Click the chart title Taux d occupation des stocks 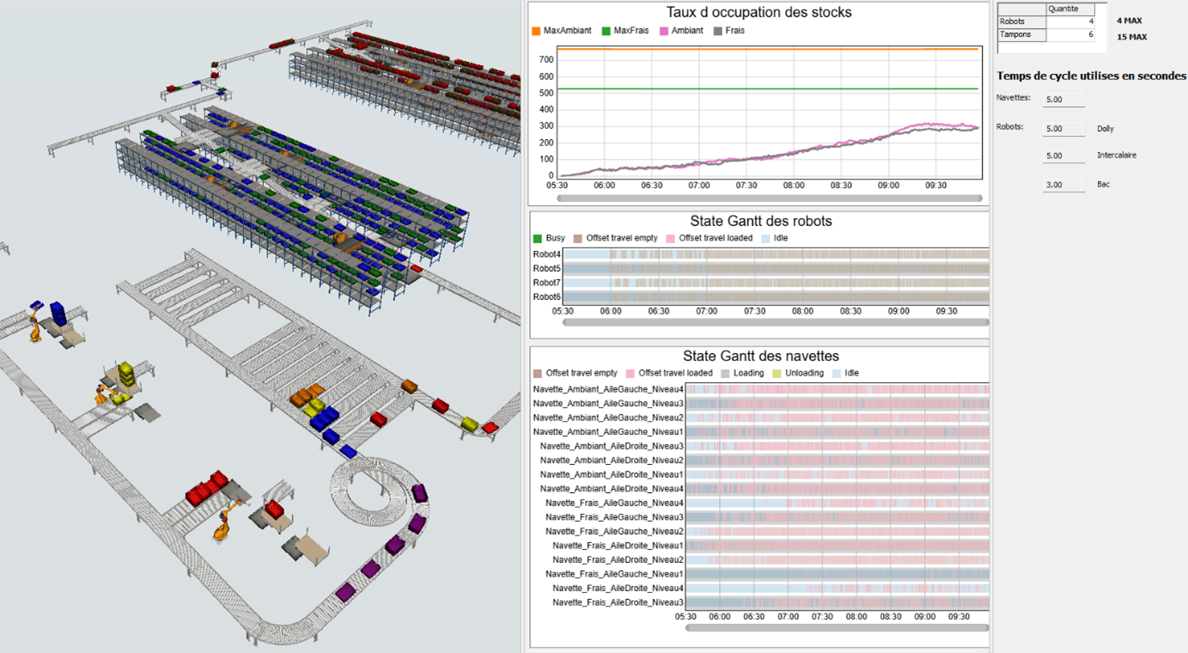(x=758, y=12)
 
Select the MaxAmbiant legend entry (x=562, y=31)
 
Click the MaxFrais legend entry (x=625, y=31)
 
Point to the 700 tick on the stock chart (x=546, y=59)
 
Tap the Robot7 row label (x=546, y=283)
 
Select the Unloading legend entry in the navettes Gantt (x=798, y=373)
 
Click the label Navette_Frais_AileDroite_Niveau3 (x=618, y=602)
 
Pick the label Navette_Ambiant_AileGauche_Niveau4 (x=608, y=389)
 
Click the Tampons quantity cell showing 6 (x=1070, y=34)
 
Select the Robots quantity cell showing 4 (x=1070, y=21)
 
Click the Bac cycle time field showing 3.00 (x=1063, y=185)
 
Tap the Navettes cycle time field (x=1063, y=100)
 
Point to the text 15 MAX (x=1132, y=37)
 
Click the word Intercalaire (x=1117, y=156)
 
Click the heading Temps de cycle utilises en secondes (x=1091, y=76)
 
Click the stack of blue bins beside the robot (x=58, y=314)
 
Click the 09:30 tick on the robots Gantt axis (x=947, y=311)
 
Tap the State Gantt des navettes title (x=760, y=356)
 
